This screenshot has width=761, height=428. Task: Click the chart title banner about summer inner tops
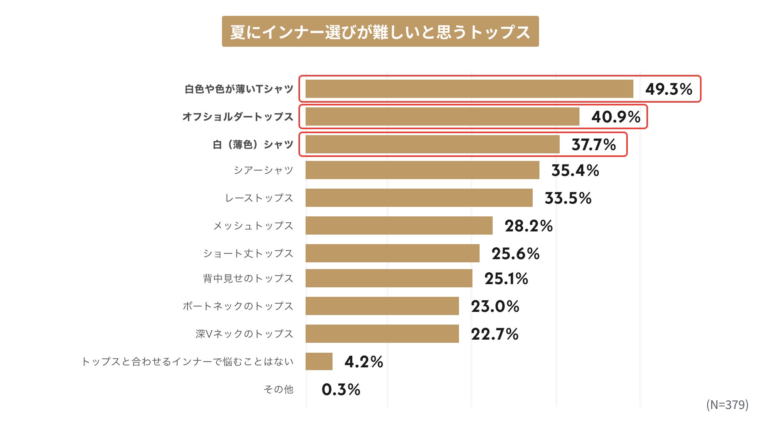pos(380,32)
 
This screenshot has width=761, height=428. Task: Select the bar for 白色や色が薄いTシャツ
pos(469,89)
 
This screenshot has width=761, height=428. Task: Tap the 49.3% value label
pos(669,89)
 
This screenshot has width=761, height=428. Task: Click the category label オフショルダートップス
pos(238,117)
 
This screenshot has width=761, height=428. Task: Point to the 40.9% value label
pos(616,117)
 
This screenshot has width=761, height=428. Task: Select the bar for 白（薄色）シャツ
pos(432,144)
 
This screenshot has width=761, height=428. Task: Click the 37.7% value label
pos(593,145)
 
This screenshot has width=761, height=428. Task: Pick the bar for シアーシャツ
pos(422,170)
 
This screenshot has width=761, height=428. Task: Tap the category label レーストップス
pos(259,198)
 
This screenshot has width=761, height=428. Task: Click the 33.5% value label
pos(568,198)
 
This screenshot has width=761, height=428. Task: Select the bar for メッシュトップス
pos(399,225)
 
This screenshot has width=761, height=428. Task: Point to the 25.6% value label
pos(515,254)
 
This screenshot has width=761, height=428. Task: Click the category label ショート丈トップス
pos(248,253)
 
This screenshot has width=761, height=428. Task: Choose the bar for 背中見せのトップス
pos(389,278)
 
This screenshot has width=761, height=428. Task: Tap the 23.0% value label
pos(495,306)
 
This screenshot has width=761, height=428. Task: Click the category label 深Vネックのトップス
pos(244,334)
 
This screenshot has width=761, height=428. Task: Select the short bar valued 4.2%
pos(319,361)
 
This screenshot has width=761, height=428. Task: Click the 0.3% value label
pos(341,390)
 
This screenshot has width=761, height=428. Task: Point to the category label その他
pos(279,389)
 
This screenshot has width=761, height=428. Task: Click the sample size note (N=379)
pos(727,405)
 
